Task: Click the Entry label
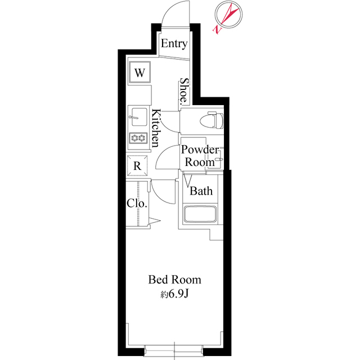click(174, 44)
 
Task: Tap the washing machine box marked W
click(140, 72)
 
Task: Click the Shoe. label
click(183, 92)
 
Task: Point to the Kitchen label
click(156, 128)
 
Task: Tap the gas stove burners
click(138, 138)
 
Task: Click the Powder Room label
click(199, 156)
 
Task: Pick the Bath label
click(201, 191)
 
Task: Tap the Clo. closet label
click(137, 203)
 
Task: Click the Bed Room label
click(174, 280)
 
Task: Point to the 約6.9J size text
click(174, 293)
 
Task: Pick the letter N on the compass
click(217, 28)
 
